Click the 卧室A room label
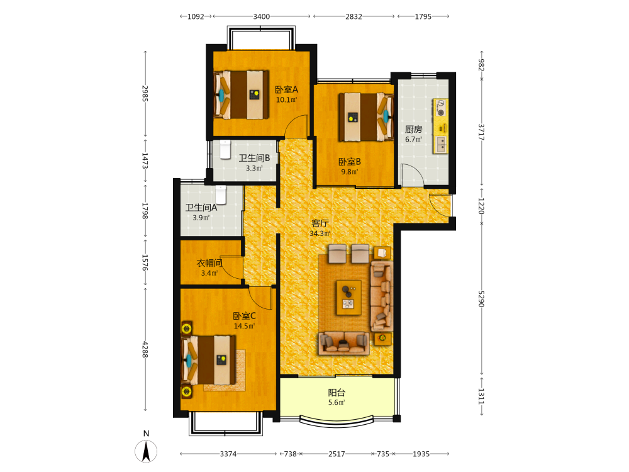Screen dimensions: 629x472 point(286,89)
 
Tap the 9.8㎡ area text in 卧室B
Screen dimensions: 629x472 point(349,172)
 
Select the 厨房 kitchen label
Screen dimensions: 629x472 point(413,129)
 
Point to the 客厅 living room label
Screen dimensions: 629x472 point(320,223)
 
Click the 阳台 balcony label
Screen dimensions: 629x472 point(337,393)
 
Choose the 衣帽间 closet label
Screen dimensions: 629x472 point(209,263)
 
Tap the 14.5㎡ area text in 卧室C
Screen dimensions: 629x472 point(244,326)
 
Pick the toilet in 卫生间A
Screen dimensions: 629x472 point(221,194)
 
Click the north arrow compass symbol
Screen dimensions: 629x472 point(146,451)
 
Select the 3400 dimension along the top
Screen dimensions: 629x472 point(261,16)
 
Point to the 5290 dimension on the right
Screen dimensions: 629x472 point(481,299)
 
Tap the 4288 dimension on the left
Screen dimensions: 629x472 point(145,349)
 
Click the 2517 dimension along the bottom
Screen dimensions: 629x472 point(337,454)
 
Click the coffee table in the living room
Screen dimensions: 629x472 point(348,298)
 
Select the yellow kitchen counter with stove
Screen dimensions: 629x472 point(440,126)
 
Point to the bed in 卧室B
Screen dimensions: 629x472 point(366,117)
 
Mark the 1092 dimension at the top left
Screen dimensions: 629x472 point(196,16)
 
